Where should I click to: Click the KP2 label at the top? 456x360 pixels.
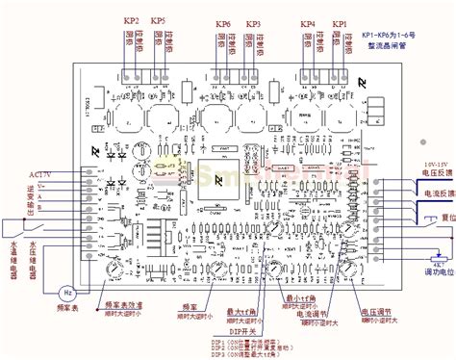coord(133,21)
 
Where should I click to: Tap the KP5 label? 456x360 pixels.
coord(158,21)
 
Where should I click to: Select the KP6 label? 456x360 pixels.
coord(222,23)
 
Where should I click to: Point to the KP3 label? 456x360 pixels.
coord(253,23)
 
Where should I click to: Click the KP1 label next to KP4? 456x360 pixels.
coord(339,22)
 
